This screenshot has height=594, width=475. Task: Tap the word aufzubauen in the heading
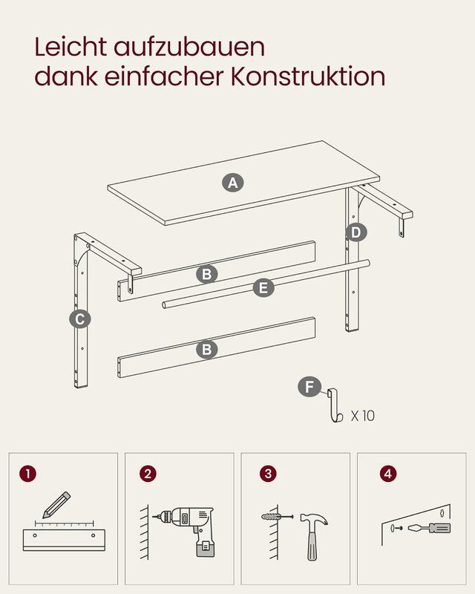(189, 47)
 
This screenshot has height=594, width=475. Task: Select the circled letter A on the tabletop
(234, 183)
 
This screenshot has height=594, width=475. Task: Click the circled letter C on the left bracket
(79, 319)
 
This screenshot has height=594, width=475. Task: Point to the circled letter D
(356, 232)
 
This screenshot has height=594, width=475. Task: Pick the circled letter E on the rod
(263, 288)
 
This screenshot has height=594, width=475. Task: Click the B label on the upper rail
(207, 274)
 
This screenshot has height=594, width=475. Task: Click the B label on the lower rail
(207, 349)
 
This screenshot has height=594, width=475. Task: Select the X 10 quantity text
(362, 416)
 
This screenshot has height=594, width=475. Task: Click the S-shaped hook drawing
(332, 405)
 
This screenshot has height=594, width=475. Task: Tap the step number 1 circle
(28, 473)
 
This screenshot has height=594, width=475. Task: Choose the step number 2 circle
(149, 473)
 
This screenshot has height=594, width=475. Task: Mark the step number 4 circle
(387, 473)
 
